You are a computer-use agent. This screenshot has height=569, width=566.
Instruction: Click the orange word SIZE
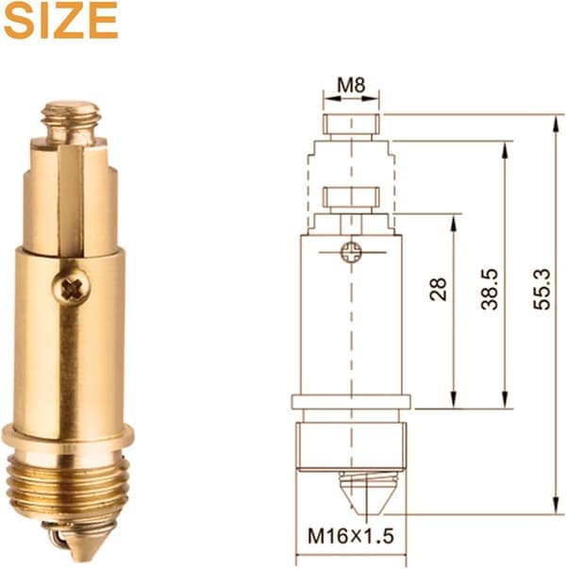pos(61,21)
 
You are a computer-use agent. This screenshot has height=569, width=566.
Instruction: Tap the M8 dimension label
pos(351,86)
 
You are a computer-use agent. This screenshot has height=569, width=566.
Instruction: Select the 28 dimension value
pos(438,289)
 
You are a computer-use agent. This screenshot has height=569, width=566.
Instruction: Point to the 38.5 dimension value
pos(490,289)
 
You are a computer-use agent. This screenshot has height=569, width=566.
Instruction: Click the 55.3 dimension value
pos(541,289)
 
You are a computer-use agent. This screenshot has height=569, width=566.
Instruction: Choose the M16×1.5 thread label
pos(351,536)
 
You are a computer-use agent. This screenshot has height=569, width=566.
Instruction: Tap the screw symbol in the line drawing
pos(351,252)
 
